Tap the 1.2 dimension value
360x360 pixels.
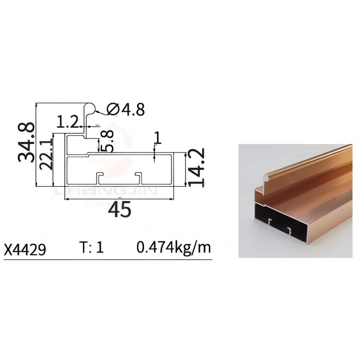pyautogui.click(x=67, y=121)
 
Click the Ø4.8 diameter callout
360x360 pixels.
pyautogui.click(x=126, y=109)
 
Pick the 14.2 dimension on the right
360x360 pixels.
pyautogui.click(x=197, y=167)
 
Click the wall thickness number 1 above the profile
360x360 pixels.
pyautogui.click(x=157, y=138)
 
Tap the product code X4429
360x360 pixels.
pyautogui.click(x=25, y=249)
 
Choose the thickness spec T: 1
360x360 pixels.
pyautogui.click(x=91, y=247)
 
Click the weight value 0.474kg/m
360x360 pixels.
pyautogui.click(x=173, y=248)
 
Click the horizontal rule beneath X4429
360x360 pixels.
pyautogui.click(x=108, y=260)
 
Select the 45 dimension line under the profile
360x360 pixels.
pyautogui.click(x=120, y=198)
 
